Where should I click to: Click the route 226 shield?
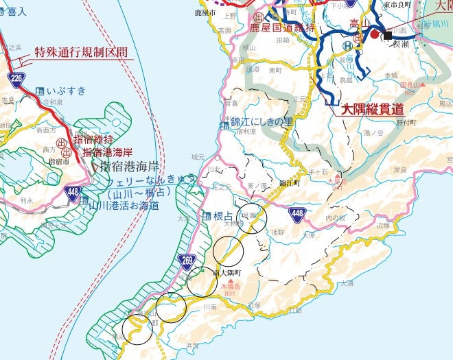tap(17, 80)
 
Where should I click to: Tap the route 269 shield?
tap(187, 260)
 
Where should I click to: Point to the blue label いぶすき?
tap(65, 90)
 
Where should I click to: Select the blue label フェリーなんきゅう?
tap(151, 180)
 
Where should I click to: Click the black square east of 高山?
tap(388, 35)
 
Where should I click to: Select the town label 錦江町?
tap(291, 184)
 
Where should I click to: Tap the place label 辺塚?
tap(383, 225)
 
